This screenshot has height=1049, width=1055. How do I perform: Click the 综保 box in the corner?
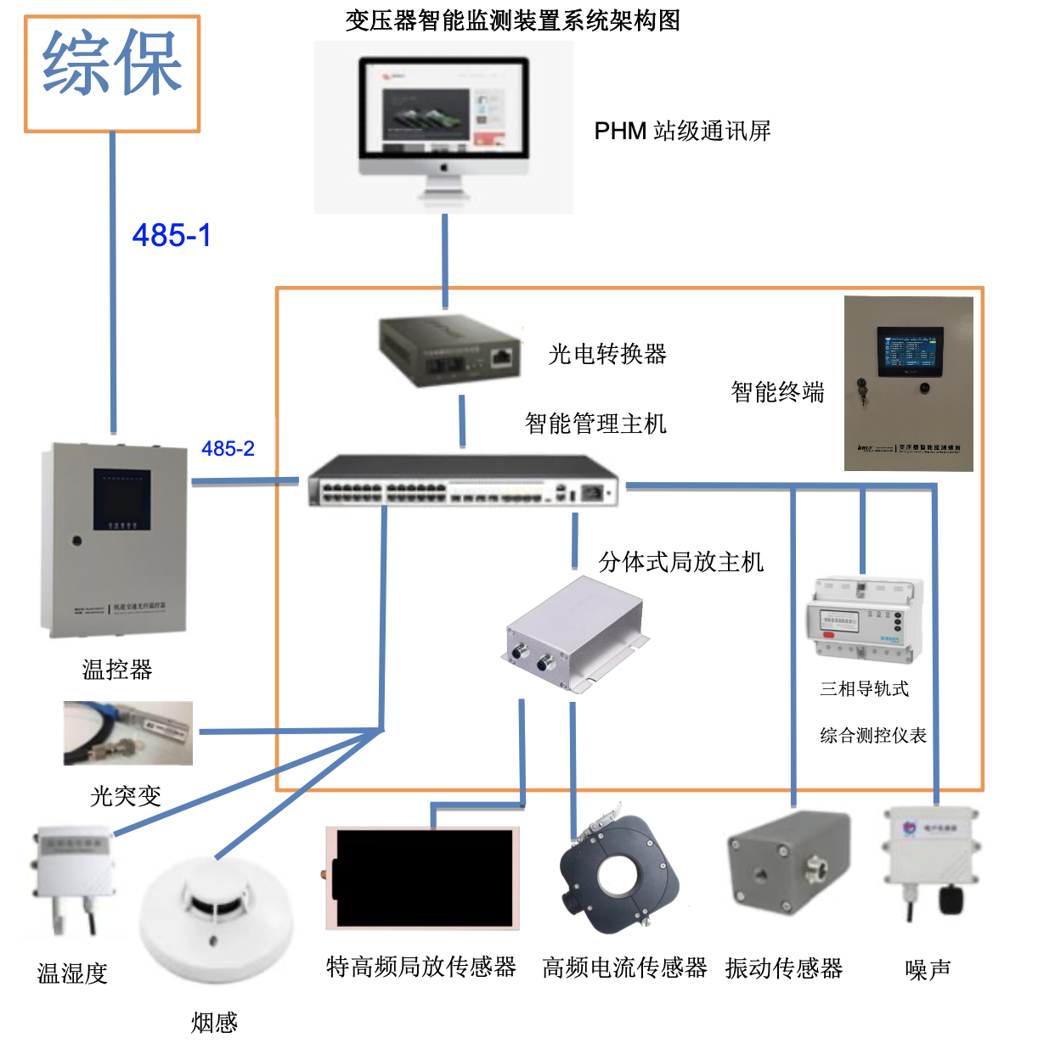click(x=112, y=74)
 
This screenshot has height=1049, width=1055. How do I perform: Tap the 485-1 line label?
click(x=172, y=235)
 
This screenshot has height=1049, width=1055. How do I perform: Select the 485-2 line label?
click(x=228, y=448)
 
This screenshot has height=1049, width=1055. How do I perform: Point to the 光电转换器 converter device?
click(x=450, y=350)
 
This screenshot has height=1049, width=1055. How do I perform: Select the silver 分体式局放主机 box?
click(x=576, y=632)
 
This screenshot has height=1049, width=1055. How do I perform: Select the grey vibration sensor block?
click(x=788, y=862)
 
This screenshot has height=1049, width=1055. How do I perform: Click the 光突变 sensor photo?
click(x=128, y=732)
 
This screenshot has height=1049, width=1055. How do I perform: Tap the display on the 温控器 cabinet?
click(x=122, y=498)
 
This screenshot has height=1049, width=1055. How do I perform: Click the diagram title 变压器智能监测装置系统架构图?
click(x=512, y=20)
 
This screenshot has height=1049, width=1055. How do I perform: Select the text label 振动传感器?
click(x=783, y=968)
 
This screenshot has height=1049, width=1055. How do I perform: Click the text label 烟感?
click(x=214, y=1023)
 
